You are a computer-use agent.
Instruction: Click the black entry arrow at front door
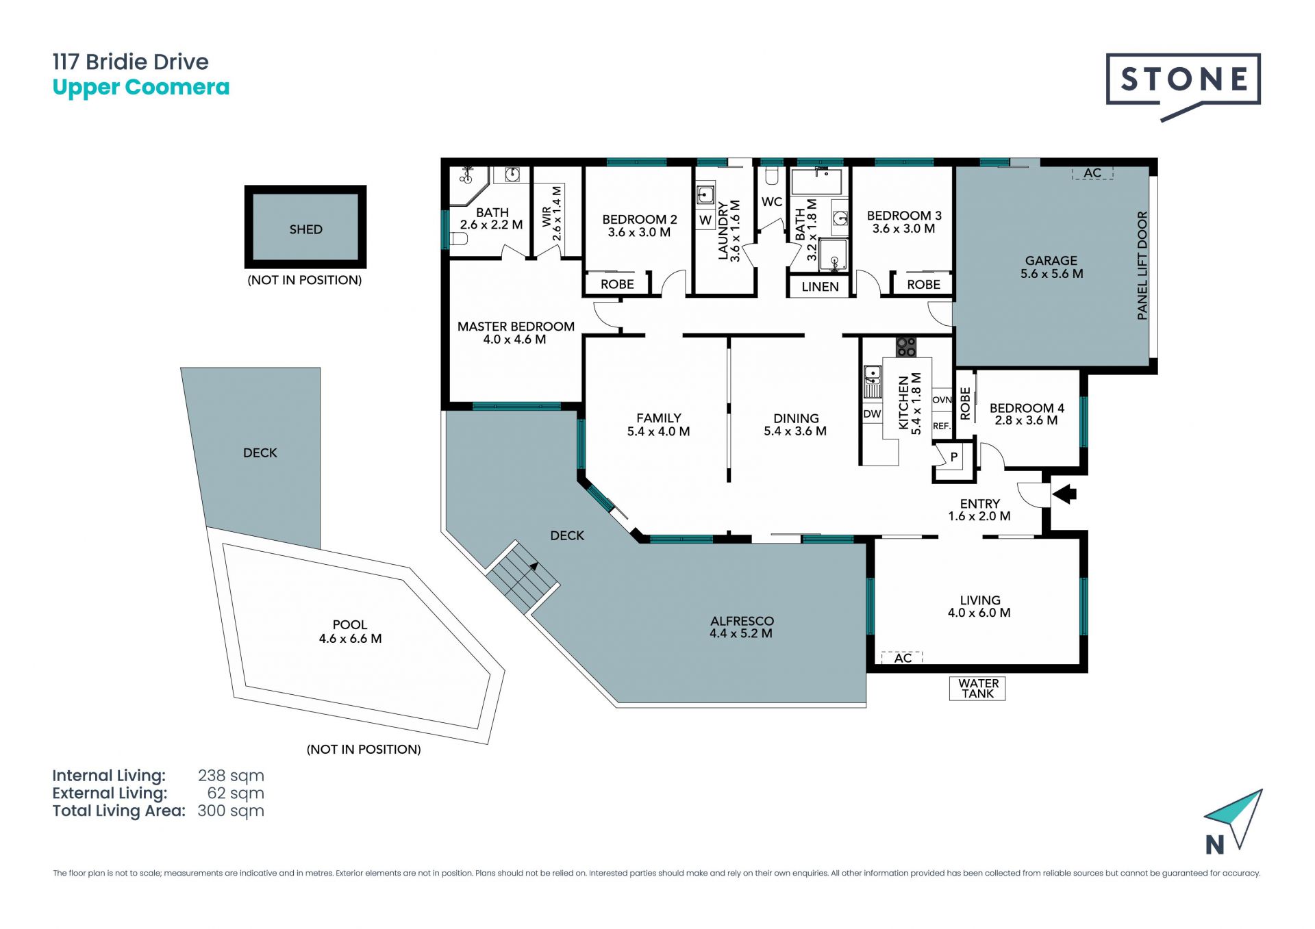[1064, 494]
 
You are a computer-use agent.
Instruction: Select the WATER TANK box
[977, 688]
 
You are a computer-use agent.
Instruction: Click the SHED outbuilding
[305, 227]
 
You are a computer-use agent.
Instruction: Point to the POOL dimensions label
[350, 639]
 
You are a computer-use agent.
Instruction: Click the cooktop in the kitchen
[906, 347]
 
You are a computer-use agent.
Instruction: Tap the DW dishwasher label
[872, 414]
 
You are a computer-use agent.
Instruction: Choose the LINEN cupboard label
[820, 287]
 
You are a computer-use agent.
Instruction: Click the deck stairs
[523, 577]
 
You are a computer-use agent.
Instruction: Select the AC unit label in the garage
[1092, 173]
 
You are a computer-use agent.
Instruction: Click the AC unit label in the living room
[903, 658]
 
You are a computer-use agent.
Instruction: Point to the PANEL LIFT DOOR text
[1142, 266]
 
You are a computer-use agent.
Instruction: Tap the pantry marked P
[953, 457]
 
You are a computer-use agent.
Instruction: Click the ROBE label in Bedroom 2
[617, 284]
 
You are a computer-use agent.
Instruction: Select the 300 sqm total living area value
[231, 811]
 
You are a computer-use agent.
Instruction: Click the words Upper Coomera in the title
[141, 88]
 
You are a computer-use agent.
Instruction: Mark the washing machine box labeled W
[705, 220]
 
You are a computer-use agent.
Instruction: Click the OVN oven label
[942, 400]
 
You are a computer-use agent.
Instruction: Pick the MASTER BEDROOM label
[516, 327]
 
